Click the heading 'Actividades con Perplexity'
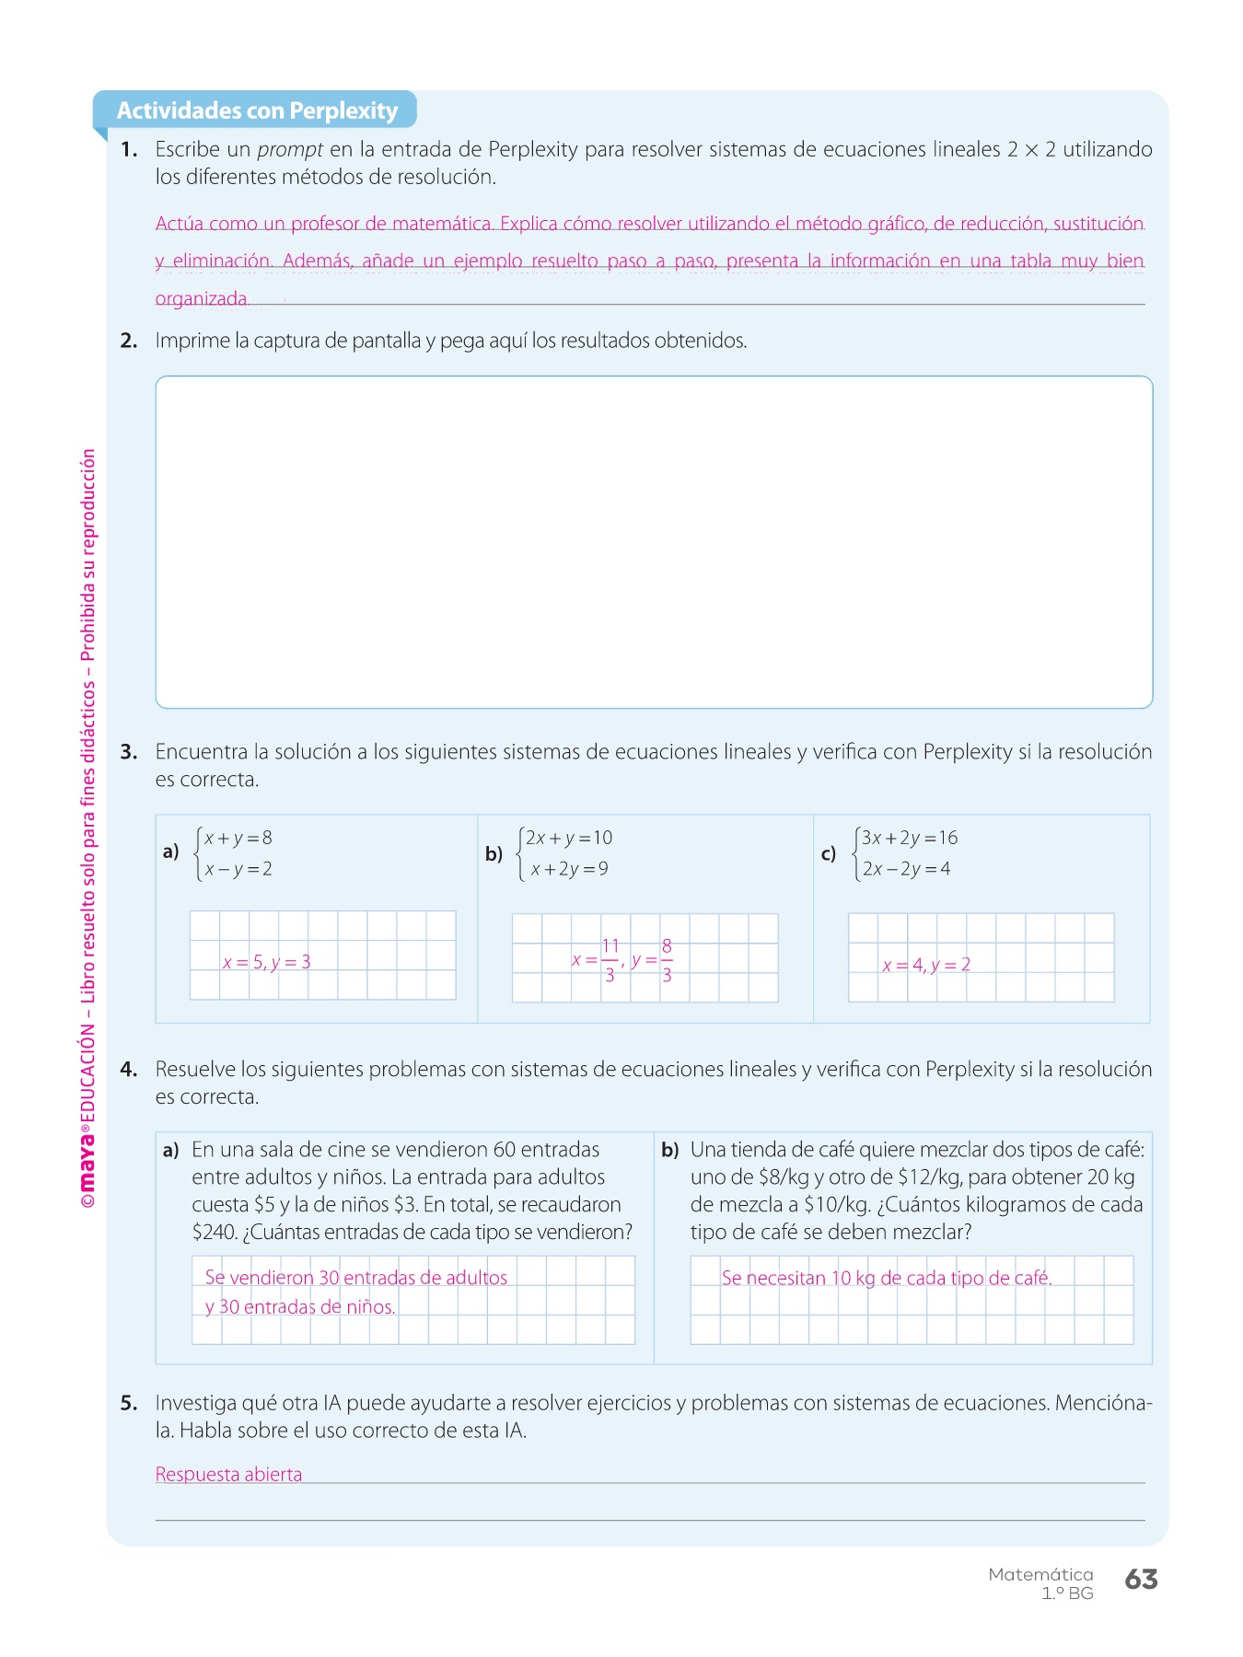point(257,110)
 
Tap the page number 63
point(1141,1580)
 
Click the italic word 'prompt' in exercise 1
point(290,149)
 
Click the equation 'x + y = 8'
point(238,838)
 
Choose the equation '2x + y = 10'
point(568,838)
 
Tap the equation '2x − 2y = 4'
point(906,868)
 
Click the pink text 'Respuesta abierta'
point(228,1474)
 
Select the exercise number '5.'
point(129,1403)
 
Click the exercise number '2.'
point(129,341)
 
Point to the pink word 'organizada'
point(202,298)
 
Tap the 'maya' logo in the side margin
point(87,1165)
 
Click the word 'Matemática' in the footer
point(1040,1574)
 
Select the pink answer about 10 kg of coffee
point(886,1278)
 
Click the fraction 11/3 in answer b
point(610,959)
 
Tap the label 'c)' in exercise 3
point(829,853)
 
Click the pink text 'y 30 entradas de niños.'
point(300,1306)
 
